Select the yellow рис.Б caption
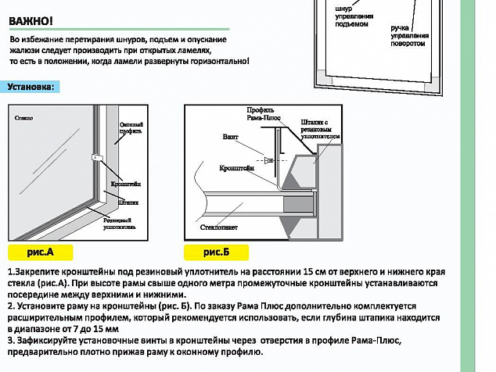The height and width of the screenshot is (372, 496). point(217,252)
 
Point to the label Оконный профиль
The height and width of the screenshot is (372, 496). point(131,127)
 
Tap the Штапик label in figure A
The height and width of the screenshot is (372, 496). point(128,200)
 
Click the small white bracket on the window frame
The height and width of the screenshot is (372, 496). point(97,157)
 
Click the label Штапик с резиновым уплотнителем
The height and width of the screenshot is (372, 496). point(321,129)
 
